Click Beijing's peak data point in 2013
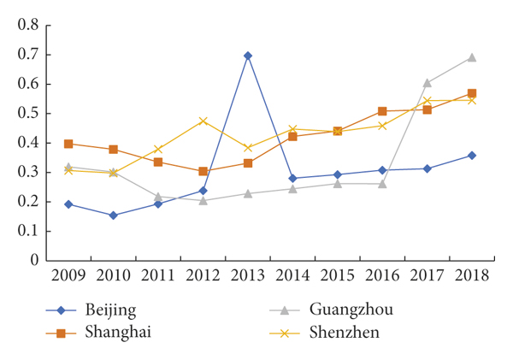pos(248,56)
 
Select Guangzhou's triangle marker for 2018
pos(471,58)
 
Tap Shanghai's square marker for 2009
pos(68,144)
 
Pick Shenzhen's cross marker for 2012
pos(203,121)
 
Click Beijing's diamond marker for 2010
pos(113,215)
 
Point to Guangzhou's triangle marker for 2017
pos(427,83)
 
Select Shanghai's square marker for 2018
pos(471,93)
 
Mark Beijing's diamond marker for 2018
pos(471,156)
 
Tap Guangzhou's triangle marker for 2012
pos(203,200)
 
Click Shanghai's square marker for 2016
pos(382,111)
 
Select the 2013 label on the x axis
pos(248,275)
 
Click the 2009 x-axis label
pos(68,275)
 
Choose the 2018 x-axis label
pos(471,275)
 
